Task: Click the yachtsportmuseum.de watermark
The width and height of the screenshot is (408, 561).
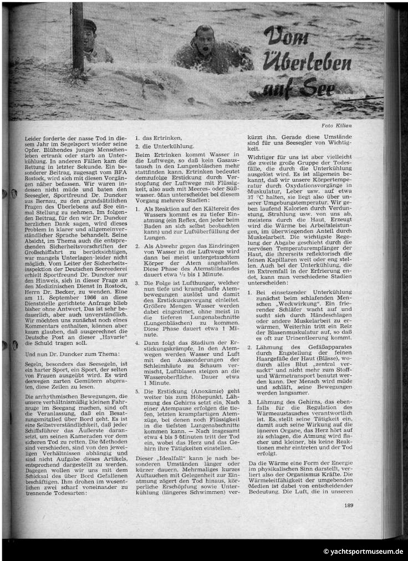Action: coord(363,552)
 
